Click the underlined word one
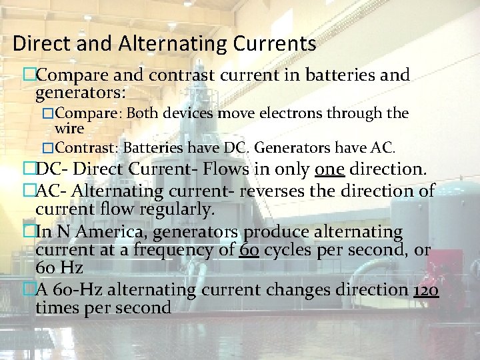pos(330,169)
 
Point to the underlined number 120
pos(425,290)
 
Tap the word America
pos(100,232)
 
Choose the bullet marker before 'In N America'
pos(29,232)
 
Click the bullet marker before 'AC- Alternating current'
pos(29,191)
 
